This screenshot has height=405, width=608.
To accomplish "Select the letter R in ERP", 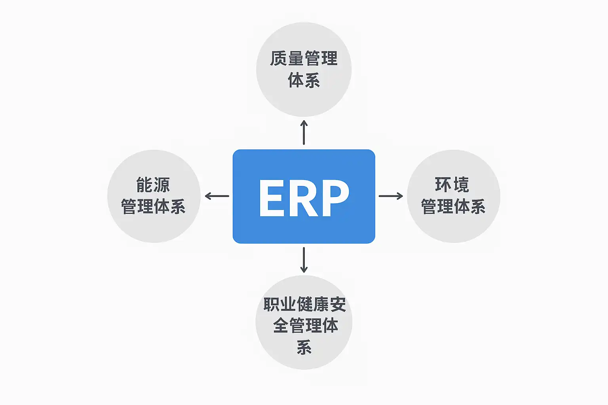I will (x=304, y=198).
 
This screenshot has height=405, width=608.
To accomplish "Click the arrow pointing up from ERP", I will (x=304, y=132).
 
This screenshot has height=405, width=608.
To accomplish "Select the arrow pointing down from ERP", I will (x=304, y=260).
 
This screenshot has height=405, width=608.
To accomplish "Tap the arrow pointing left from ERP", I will (x=217, y=196).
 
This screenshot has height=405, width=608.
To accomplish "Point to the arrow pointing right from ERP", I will (x=391, y=196).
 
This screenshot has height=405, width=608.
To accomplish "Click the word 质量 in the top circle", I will (x=287, y=59).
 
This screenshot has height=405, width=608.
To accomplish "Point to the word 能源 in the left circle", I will (x=153, y=185).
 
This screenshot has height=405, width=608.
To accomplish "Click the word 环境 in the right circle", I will (x=452, y=185).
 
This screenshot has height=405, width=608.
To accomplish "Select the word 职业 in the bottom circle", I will (x=280, y=304).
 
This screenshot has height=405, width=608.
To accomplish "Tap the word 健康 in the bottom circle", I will (x=313, y=304).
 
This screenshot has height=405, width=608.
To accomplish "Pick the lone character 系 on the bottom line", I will (x=304, y=347).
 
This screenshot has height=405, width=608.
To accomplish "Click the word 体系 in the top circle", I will (x=304, y=80).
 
